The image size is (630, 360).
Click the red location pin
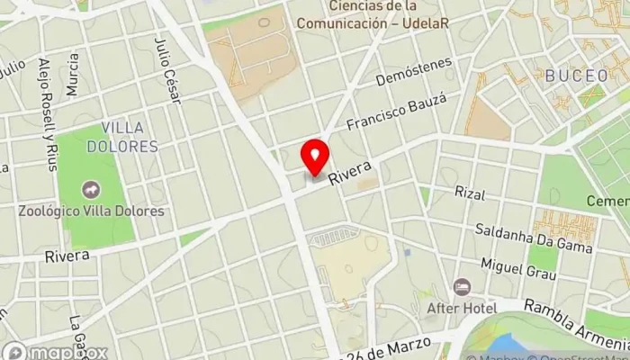314,156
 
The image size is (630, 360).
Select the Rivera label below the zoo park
67,256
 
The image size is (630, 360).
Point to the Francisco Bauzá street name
397,112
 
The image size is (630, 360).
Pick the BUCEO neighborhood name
577,76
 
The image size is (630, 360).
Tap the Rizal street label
470,193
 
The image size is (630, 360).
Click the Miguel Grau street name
518,266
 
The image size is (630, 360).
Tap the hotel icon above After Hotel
462,287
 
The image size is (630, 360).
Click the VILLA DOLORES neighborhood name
130,136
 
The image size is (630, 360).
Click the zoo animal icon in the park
91,191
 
